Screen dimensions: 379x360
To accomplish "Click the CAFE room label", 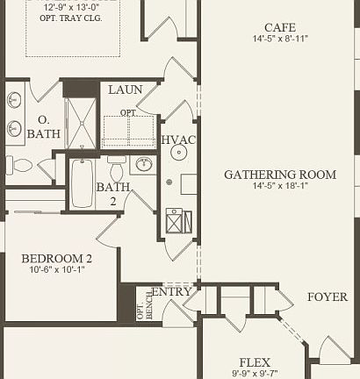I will pos(279,26).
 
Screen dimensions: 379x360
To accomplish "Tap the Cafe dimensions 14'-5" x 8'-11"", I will pos(279,39).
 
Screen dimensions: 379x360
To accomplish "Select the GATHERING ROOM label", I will pos(279,175).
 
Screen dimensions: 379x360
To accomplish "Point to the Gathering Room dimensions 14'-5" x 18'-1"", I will pos(279,187).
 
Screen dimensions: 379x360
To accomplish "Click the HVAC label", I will pos(178,140).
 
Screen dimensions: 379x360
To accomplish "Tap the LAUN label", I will pos(126,90).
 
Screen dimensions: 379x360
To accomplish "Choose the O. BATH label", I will pos(43,127).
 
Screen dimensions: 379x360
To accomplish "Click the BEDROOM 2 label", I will pos(57,258).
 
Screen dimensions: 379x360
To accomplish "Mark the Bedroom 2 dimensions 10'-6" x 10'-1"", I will pos(57,270).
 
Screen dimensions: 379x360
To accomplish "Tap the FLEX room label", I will pos(255,362).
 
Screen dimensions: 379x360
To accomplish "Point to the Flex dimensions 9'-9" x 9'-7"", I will pos(255,374).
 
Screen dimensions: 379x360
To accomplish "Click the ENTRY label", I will pos(172,292).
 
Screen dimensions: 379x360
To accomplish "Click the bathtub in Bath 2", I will pos(82,182).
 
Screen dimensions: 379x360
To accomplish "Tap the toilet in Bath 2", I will pos(117,167).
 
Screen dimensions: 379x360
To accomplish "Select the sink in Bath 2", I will pos(144,165).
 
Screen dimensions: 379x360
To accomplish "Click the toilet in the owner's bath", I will pos(21,164).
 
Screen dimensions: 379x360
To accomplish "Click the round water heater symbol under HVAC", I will pos(178,152).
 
